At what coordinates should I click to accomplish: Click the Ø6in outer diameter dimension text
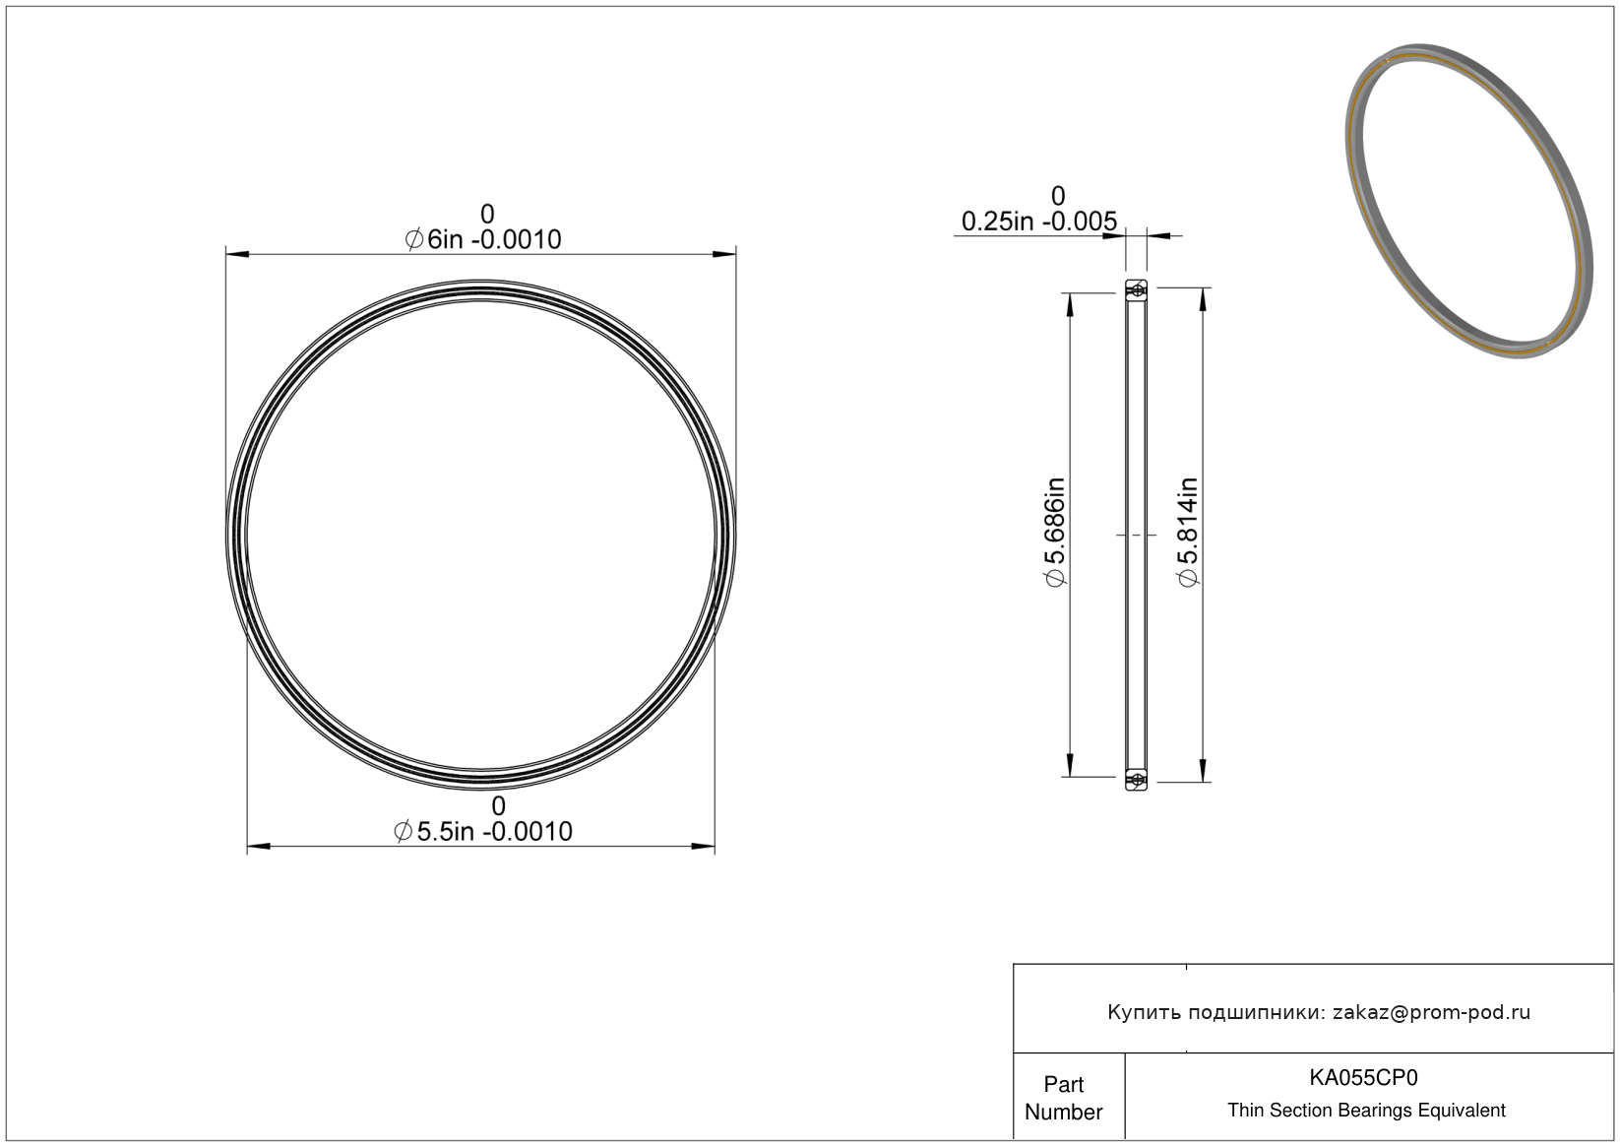click(x=483, y=239)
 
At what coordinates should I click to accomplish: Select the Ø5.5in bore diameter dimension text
click(x=483, y=832)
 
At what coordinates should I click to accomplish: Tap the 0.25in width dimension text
click(x=1039, y=222)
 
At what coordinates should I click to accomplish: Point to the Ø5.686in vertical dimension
click(x=1056, y=533)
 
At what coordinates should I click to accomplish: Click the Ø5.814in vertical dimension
click(x=1188, y=533)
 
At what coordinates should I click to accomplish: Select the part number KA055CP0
click(x=1363, y=1077)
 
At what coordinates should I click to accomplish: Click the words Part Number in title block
click(x=1064, y=1098)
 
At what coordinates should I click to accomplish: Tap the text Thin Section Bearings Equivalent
click(x=1366, y=1111)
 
